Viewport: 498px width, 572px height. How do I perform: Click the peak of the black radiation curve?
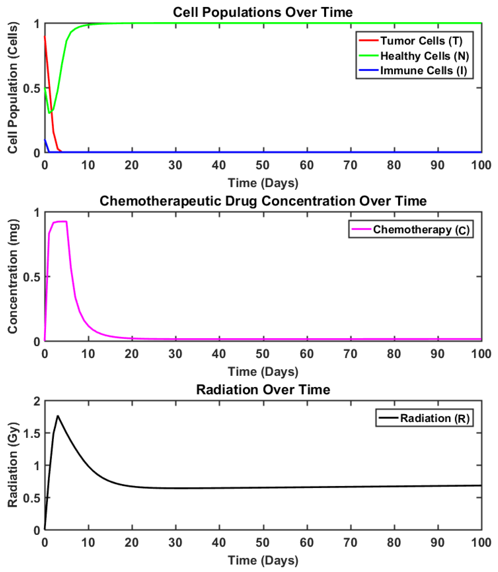pyautogui.click(x=58, y=416)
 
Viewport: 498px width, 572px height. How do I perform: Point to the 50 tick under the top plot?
pyautogui.click(x=263, y=165)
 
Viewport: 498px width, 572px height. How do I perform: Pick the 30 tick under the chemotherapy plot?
pyautogui.click(x=175, y=354)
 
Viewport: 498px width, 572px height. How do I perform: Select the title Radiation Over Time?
pyautogui.click(x=263, y=390)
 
